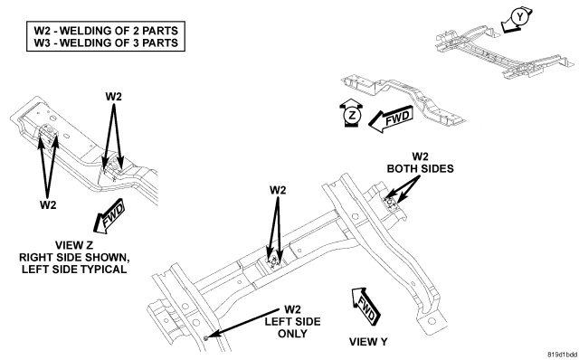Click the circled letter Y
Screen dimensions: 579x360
tap(519, 17)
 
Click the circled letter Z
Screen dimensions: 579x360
tap(353, 116)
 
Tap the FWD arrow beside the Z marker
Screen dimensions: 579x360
tap(391, 118)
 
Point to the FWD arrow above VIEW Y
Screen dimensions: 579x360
tap(365, 306)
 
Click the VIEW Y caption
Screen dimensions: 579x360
tap(368, 342)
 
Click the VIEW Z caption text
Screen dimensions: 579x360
tap(74, 245)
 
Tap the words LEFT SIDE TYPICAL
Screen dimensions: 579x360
tap(74, 270)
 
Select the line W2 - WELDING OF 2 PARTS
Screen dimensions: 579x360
tap(106, 30)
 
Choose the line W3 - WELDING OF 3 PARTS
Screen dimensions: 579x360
tap(106, 43)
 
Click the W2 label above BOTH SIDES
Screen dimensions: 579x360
tap(420, 156)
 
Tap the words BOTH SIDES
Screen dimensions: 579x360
tap(420, 169)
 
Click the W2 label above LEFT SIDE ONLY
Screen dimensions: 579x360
tap(292, 309)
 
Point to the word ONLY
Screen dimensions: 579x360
tap(292, 334)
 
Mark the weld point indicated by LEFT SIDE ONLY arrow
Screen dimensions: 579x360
tap(206, 337)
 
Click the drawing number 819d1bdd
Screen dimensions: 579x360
tap(563, 355)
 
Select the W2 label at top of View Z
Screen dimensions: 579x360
tap(113, 97)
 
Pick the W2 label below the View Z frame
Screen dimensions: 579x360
tap(48, 205)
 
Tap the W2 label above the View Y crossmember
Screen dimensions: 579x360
tap(278, 190)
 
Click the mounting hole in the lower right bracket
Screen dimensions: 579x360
tap(432, 320)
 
